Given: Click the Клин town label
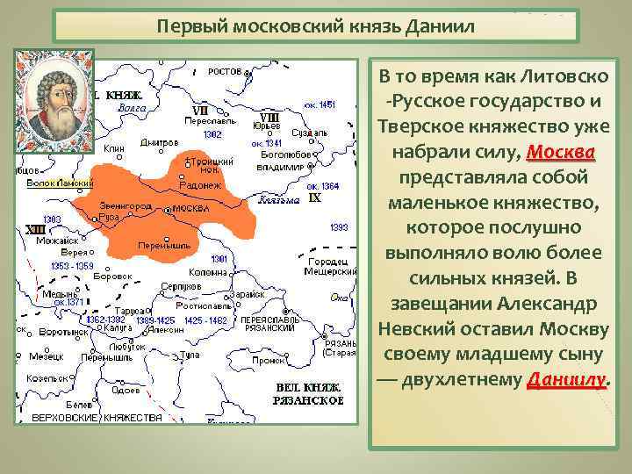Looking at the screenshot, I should [114, 149].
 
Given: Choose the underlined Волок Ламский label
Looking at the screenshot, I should [60, 183].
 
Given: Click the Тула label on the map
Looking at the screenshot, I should [190, 354].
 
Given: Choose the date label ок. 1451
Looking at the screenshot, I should [320, 104].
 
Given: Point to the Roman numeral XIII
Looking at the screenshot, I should [35, 228].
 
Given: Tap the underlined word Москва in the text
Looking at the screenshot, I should [561, 153].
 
